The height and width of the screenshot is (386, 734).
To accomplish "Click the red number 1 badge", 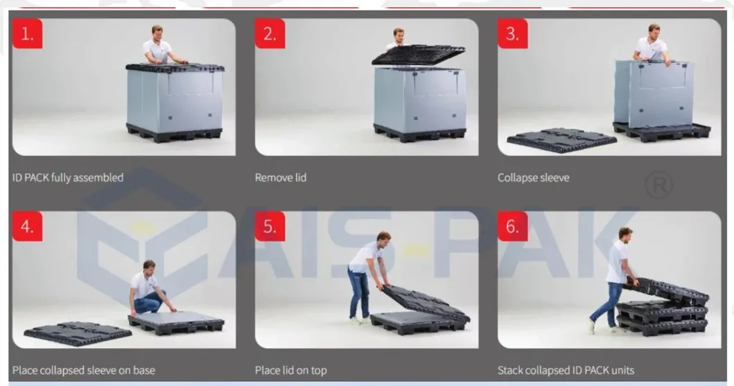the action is pos(27,33).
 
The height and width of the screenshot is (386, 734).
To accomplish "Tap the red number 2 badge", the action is pos(270,33).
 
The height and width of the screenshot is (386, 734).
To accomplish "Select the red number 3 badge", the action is pos(513,33).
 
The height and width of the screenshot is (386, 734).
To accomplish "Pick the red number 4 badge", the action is pos(27,227).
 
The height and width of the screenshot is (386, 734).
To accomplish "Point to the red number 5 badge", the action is pos(270,227).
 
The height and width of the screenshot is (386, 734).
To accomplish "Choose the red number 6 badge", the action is pos(513,227).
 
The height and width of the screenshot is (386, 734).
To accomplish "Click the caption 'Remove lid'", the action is pos(281,178).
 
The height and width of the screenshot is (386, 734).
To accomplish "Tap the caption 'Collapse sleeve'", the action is pos(533,178).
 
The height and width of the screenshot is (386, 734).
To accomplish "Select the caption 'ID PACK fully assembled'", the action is pos(68,178).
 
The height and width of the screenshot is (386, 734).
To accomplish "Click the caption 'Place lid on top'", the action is pos(290,371).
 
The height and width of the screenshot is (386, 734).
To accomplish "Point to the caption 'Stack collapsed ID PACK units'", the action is pos(566,371).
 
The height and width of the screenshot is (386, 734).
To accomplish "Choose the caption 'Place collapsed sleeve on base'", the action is pos(83,371).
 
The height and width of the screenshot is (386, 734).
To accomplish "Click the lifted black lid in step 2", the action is pos(418,55).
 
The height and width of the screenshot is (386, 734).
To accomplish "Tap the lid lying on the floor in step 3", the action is pos(561,140).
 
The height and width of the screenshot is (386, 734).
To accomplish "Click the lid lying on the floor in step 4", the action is pos(78,333).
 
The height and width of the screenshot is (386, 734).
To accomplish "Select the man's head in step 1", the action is pos(157,33).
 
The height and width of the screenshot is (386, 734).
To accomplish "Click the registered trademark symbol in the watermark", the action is pos(658,185).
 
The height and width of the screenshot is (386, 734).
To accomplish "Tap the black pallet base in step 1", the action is pos(175,132).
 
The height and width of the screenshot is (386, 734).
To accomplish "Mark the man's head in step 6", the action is pos(625,234).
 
